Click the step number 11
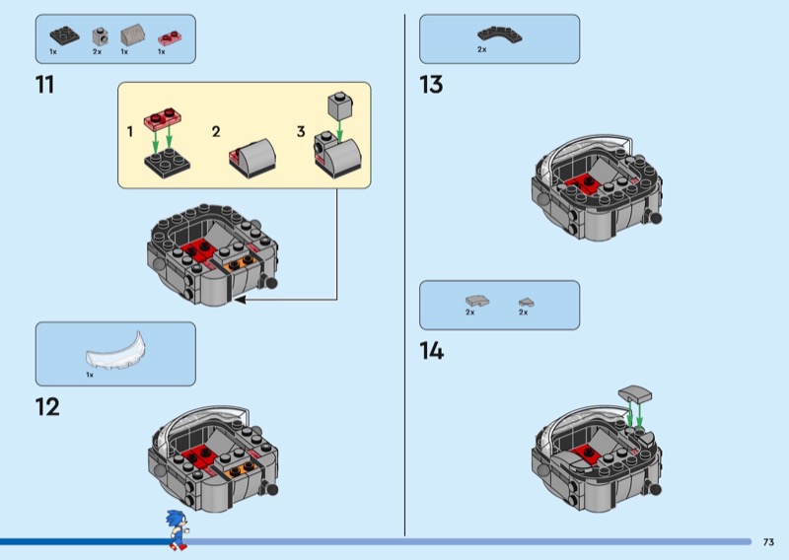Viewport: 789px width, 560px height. click(44, 85)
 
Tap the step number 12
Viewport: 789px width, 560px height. click(47, 406)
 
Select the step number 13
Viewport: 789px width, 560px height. click(431, 85)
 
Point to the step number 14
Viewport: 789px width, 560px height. click(432, 351)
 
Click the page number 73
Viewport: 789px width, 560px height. click(768, 542)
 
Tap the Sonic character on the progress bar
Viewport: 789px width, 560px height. click(177, 529)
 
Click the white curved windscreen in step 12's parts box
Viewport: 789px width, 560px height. click(116, 350)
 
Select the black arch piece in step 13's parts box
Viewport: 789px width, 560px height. click(499, 34)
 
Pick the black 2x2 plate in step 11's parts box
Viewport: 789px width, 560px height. click(64, 35)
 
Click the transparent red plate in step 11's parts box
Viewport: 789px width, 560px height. click(170, 38)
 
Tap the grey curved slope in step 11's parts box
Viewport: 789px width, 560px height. click(133, 35)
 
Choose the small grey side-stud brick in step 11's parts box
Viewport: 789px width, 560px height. click(101, 36)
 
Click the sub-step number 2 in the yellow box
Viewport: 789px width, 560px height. click(216, 132)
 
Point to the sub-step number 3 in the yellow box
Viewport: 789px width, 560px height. click(301, 132)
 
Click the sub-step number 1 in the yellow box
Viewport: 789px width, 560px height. click(130, 132)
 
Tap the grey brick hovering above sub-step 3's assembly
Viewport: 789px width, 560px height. click(339, 105)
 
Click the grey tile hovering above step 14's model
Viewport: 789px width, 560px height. click(635, 394)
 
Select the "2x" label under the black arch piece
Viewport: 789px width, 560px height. click(482, 49)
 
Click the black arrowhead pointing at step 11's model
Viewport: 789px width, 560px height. click(240, 300)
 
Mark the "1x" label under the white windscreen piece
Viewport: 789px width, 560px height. click(90, 375)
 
